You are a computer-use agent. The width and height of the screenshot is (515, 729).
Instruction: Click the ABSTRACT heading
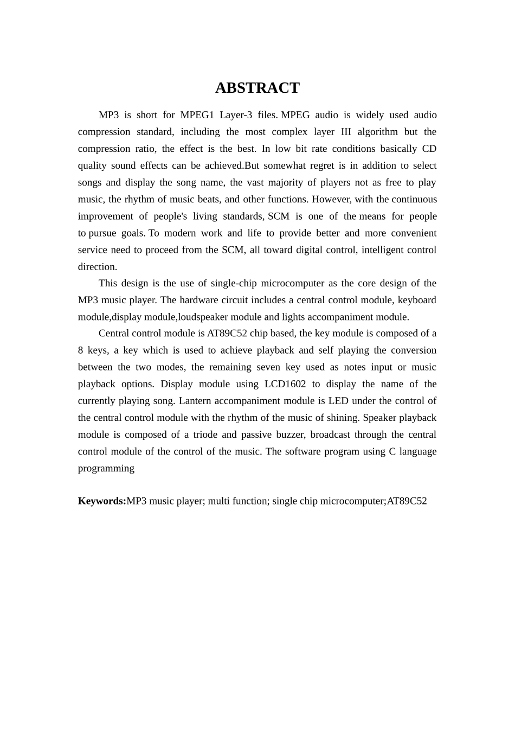tap(257, 88)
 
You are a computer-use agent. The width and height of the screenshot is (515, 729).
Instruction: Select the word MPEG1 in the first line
tap(197, 115)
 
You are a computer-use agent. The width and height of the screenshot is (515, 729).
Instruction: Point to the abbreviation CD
tap(429, 149)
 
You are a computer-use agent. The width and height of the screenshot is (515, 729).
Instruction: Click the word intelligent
tap(383, 250)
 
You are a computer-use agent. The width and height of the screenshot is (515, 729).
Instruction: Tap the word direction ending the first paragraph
tap(97, 266)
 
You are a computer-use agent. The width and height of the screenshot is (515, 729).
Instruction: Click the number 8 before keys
tap(81, 350)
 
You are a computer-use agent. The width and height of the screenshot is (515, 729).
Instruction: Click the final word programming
tap(106, 468)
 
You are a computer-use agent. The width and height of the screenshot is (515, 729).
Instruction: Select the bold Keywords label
tap(102, 501)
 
